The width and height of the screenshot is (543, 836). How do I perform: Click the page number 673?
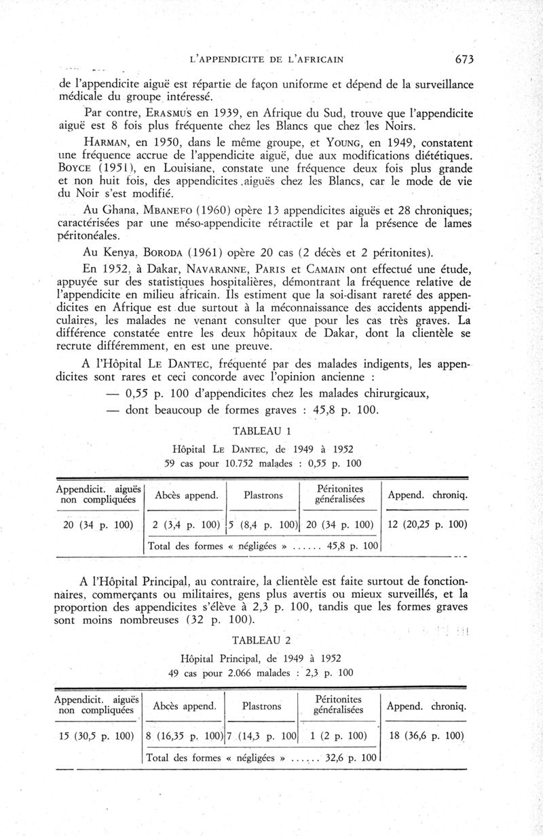[464, 59]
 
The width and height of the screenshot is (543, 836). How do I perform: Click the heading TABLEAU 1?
[262, 431]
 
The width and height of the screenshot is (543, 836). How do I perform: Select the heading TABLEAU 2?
[262, 641]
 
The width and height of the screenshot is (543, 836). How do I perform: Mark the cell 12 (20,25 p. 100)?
[428, 525]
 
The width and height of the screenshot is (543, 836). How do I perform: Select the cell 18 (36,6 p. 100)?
[426, 736]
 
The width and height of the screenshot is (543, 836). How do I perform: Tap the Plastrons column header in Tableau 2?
[261, 706]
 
